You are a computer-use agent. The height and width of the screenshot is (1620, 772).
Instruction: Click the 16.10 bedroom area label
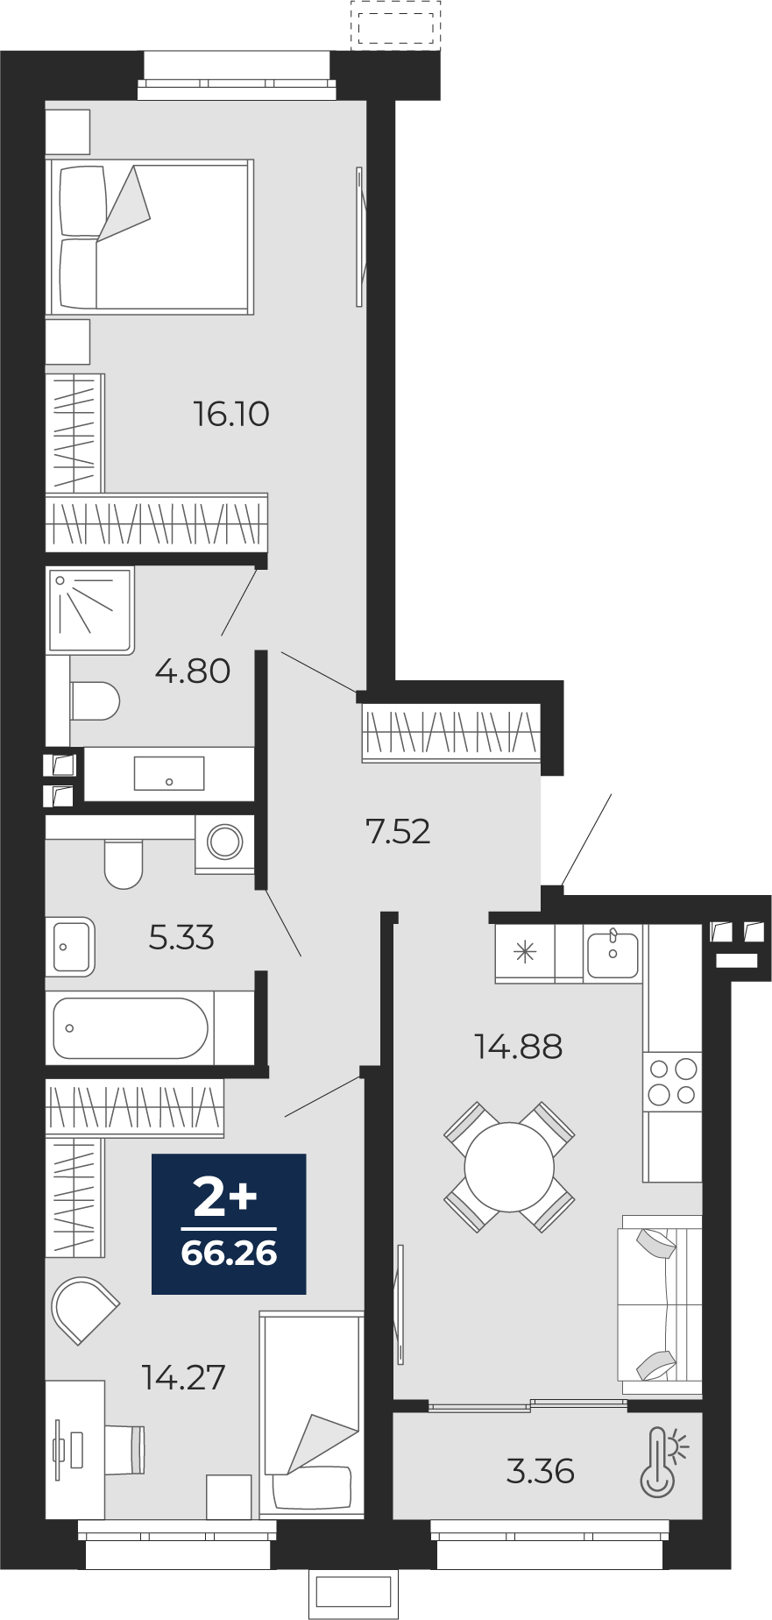tap(231, 414)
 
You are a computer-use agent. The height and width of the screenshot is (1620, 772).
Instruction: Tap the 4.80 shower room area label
tap(193, 671)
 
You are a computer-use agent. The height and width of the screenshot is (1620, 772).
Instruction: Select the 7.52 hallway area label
tap(398, 831)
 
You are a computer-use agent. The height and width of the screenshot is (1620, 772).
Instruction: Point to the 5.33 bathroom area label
tap(181, 938)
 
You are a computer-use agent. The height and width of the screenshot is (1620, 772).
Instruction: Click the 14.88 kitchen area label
tap(518, 1046)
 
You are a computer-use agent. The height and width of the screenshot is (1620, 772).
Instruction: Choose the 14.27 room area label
tap(184, 1377)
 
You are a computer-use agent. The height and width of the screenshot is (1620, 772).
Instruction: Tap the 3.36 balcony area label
tap(541, 1471)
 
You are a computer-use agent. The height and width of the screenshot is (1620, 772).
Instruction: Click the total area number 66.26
tap(230, 1254)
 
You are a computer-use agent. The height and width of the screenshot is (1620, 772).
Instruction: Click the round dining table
tap(509, 1167)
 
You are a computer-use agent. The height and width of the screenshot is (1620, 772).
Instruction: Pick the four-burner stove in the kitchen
tap(673, 1082)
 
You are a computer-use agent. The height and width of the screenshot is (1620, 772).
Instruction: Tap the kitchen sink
tap(613, 953)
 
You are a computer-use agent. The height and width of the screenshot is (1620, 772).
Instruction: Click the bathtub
tap(131, 1028)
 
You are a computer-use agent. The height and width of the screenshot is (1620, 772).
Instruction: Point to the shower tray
tap(90, 610)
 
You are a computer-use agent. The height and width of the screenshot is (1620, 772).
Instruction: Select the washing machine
tap(225, 843)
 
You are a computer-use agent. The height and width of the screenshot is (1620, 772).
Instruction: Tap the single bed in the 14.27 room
tap(312, 1415)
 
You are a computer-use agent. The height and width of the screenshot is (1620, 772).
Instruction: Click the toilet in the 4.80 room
tap(95, 700)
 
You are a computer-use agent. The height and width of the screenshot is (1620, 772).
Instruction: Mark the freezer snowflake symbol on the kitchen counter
tap(525, 952)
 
